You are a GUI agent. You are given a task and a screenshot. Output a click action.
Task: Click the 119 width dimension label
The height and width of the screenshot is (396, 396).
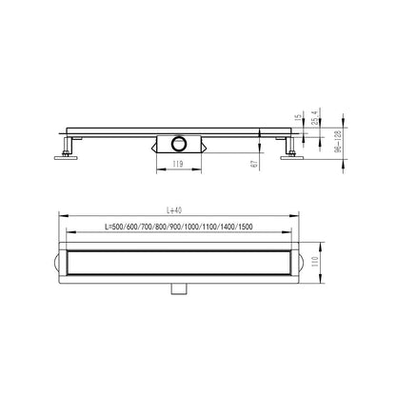click(178, 164)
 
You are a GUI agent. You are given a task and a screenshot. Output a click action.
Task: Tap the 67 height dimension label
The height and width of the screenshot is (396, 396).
click(254, 164)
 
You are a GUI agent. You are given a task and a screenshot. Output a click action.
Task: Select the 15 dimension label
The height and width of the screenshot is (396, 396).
click(298, 118)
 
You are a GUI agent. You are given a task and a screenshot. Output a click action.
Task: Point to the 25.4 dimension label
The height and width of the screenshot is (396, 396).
click(314, 117)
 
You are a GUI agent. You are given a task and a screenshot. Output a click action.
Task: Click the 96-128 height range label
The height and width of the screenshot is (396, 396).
click(338, 141)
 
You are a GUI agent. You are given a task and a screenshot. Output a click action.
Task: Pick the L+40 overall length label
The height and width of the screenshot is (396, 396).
click(174, 210)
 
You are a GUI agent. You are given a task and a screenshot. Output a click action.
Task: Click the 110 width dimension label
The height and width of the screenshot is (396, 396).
click(315, 262)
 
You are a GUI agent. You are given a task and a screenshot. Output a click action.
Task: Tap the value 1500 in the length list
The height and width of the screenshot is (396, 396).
click(246, 227)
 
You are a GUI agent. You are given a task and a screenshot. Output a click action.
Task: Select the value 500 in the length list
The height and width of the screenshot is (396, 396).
click(117, 227)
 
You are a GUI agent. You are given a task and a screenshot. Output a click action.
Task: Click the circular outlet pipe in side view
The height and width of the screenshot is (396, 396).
click(179, 144)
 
